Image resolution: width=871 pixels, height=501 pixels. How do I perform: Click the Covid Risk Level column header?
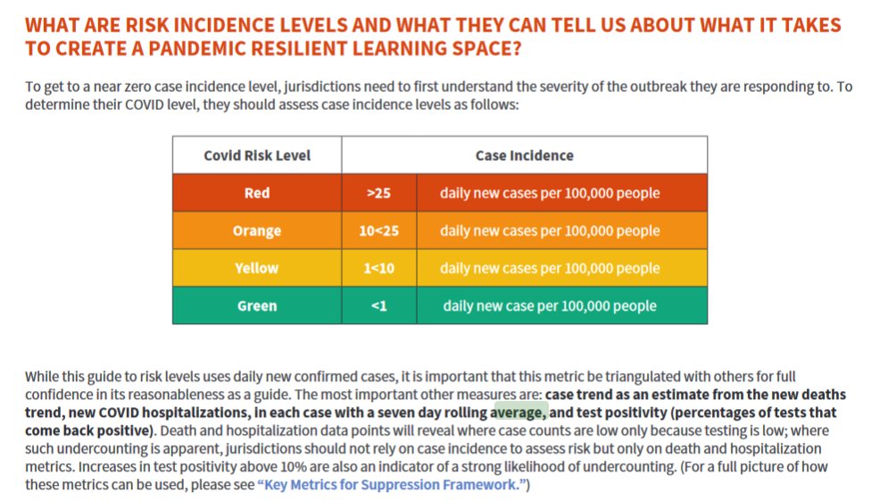[257, 155]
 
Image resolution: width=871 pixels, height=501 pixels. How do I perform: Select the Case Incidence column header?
[524, 155]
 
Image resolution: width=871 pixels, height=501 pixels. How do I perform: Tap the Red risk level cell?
[257, 193]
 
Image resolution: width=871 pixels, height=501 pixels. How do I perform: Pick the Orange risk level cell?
[257, 230]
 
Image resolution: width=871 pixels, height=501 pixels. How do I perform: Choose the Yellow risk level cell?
[257, 268]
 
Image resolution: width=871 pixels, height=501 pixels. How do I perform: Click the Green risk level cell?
[257, 305]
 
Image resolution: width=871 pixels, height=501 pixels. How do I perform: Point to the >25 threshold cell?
[378, 193]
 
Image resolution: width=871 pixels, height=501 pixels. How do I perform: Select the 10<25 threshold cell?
[378, 230]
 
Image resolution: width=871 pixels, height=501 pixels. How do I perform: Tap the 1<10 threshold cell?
[378, 268]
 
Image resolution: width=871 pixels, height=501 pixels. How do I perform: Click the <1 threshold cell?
[378, 305]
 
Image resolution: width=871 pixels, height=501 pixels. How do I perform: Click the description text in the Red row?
[550, 193]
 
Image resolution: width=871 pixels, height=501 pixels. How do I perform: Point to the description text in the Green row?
[550, 305]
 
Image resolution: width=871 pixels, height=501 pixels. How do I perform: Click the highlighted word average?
[518, 413]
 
